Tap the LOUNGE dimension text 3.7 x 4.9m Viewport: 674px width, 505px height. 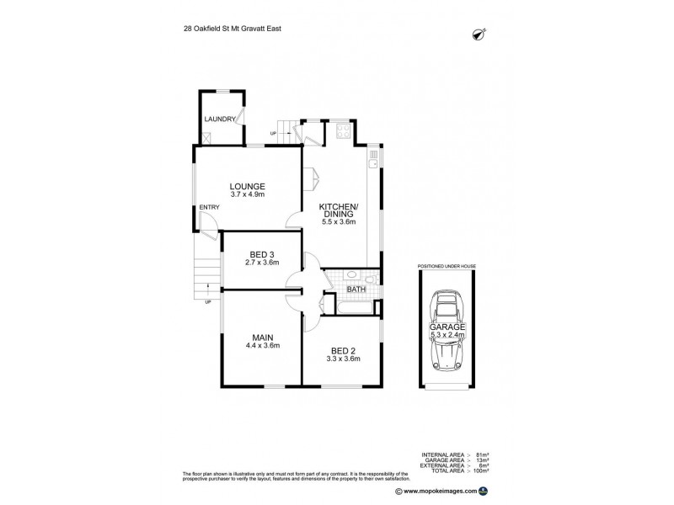click(x=249, y=195)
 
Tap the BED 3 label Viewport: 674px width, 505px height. click(x=261, y=254)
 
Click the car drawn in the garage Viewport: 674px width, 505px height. click(x=446, y=331)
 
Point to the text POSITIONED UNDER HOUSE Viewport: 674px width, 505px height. click(x=447, y=265)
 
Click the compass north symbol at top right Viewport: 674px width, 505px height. click(x=480, y=35)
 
